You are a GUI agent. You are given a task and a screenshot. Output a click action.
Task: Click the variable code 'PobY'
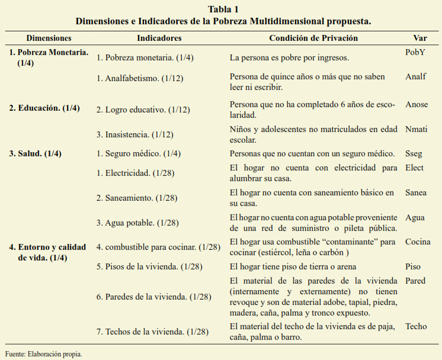pyautogui.click(x=415, y=52)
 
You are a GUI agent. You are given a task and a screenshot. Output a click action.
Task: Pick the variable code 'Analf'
pyautogui.click(x=415, y=76)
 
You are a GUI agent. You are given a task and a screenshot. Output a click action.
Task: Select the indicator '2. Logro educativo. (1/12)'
pyautogui.click(x=143, y=110)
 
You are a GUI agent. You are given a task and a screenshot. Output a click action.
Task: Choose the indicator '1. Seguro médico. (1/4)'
pyautogui.click(x=138, y=154)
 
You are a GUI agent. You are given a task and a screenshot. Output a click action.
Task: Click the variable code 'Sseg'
pyautogui.click(x=414, y=154)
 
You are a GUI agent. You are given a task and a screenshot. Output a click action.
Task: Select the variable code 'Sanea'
pyautogui.click(x=415, y=192)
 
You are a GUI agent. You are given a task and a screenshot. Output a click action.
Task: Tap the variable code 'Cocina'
pyautogui.click(x=418, y=242)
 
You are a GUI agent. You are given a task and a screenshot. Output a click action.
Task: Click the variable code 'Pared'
pyautogui.click(x=415, y=281)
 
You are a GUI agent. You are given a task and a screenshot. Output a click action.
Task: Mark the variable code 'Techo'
pyautogui.click(x=415, y=326)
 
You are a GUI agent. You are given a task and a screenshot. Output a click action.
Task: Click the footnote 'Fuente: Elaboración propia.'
pyautogui.click(x=43, y=354)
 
